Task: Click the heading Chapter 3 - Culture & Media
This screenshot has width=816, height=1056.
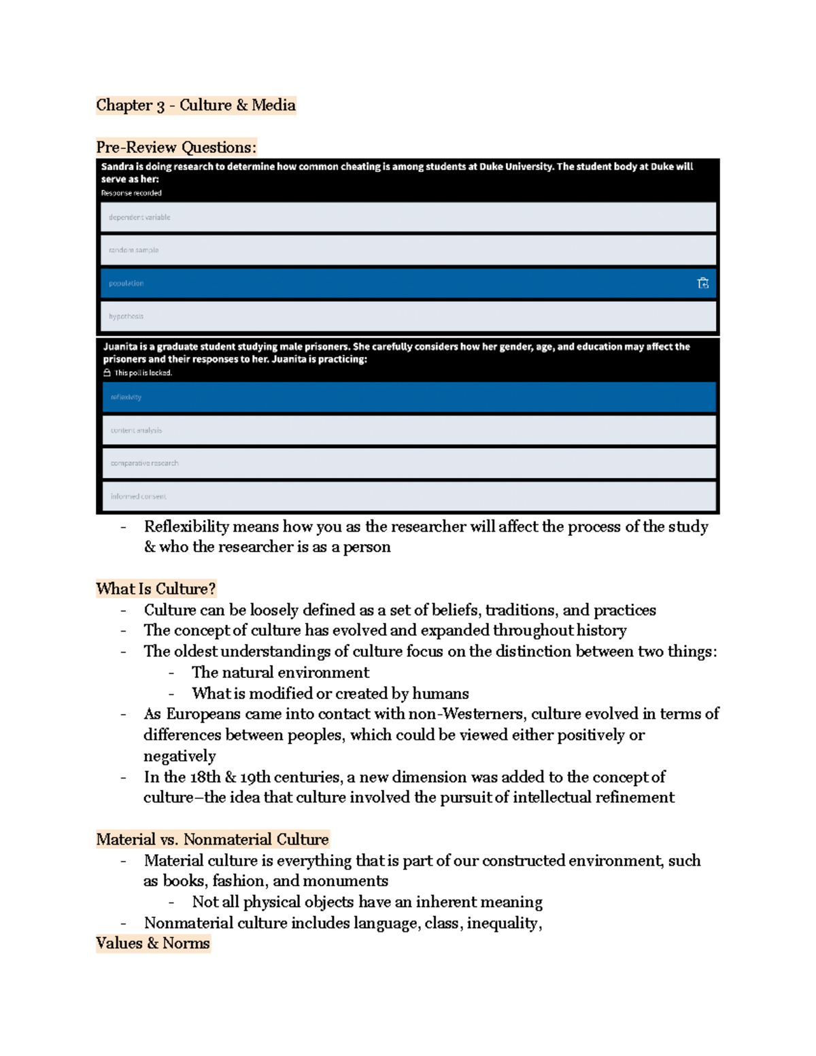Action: click(x=196, y=105)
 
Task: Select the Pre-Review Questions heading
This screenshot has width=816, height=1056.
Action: click(x=176, y=147)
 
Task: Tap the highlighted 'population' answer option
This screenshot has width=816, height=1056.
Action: click(x=408, y=284)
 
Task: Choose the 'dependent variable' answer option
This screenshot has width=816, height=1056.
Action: click(x=408, y=218)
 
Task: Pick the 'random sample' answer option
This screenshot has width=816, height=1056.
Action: click(x=408, y=250)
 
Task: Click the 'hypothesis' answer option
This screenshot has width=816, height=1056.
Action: click(x=408, y=316)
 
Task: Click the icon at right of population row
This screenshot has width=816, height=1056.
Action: click(x=703, y=284)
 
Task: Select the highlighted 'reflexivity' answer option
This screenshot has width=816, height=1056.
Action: click(x=408, y=397)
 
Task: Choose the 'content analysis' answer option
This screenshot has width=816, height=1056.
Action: click(x=408, y=430)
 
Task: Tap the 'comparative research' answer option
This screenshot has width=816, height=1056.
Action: click(x=408, y=463)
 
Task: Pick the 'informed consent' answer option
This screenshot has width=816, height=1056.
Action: click(x=408, y=496)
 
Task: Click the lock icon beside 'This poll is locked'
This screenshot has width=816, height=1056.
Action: click(x=107, y=373)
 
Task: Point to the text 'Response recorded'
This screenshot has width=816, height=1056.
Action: click(x=131, y=193)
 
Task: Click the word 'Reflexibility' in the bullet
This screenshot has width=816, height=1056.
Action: click(x=186, y=526)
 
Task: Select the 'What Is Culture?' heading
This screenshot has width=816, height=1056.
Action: click(x=156, y=589)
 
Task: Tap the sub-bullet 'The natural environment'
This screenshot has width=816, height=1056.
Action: click(x=280, y=672)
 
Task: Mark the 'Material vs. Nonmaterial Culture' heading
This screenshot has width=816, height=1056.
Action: click(x=212, y=839)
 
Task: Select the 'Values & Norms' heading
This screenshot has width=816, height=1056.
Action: click(x=153, y=943)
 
